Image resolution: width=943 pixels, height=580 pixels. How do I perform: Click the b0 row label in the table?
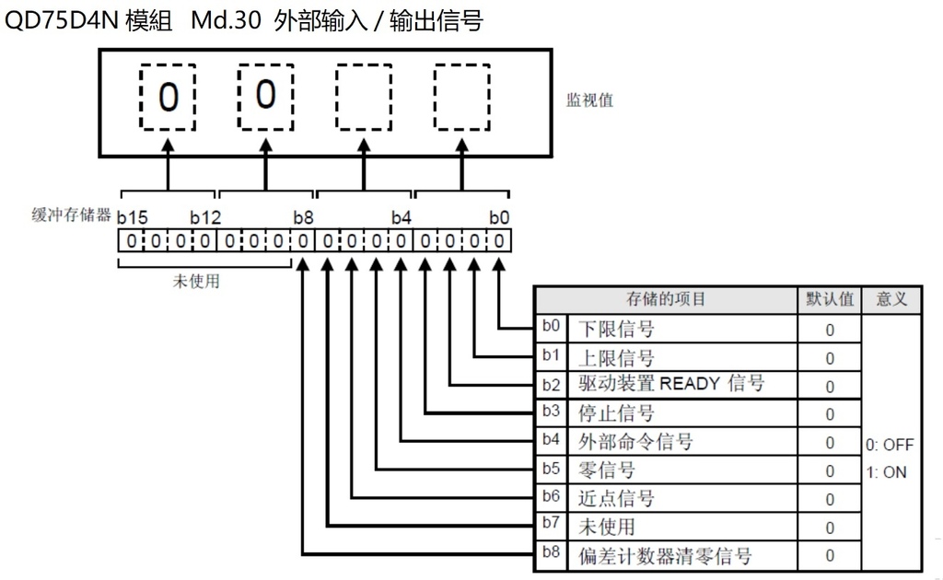tap(550, 326)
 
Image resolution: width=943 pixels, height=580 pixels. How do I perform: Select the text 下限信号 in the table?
tap(616, 329)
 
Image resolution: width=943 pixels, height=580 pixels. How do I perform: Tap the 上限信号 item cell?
tap(616, 357)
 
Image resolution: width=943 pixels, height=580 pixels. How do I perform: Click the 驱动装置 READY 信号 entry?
tap(671, 384)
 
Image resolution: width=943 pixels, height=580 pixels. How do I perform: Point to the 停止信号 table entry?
tap(616, 413)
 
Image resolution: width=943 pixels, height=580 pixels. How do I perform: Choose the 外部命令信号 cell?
tap(635, 442)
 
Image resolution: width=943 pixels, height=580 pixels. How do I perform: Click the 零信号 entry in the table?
tap(607, 470)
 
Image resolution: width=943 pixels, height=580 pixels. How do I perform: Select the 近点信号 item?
tap(616, 499)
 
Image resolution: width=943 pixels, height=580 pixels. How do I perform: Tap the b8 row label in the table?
tap(550, 553)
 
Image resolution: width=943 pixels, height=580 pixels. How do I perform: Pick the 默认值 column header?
tap(830, 300)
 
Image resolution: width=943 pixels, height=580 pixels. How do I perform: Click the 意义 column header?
tap(891, 300)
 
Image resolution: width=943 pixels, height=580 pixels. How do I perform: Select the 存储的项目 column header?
tap(667, 300)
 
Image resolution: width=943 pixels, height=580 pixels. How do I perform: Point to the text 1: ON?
tap(886, 472)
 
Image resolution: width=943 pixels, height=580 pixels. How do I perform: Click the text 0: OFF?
tap(890, 445)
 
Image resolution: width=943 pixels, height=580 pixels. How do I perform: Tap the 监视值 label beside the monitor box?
tap(589, 100)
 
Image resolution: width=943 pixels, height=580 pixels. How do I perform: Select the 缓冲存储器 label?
tap(71, 216)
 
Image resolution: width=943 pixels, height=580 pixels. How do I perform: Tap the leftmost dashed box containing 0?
tap(167, 97)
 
